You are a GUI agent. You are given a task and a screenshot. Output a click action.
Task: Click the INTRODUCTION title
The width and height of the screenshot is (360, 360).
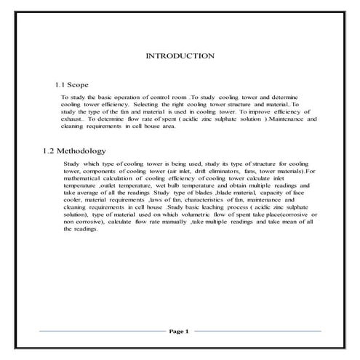tap(180, 55)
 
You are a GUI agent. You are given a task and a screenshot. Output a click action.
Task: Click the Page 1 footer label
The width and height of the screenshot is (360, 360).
tap(179, 332)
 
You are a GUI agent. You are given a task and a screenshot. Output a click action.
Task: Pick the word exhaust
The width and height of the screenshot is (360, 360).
tap(71, 119)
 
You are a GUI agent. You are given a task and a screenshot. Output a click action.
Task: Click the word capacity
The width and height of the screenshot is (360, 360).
tap(266, 193)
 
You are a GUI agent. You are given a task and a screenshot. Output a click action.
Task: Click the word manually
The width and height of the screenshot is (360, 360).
tap(169, 222)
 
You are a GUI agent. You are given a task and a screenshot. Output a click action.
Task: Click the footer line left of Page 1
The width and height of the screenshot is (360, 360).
tap(102, 332)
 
